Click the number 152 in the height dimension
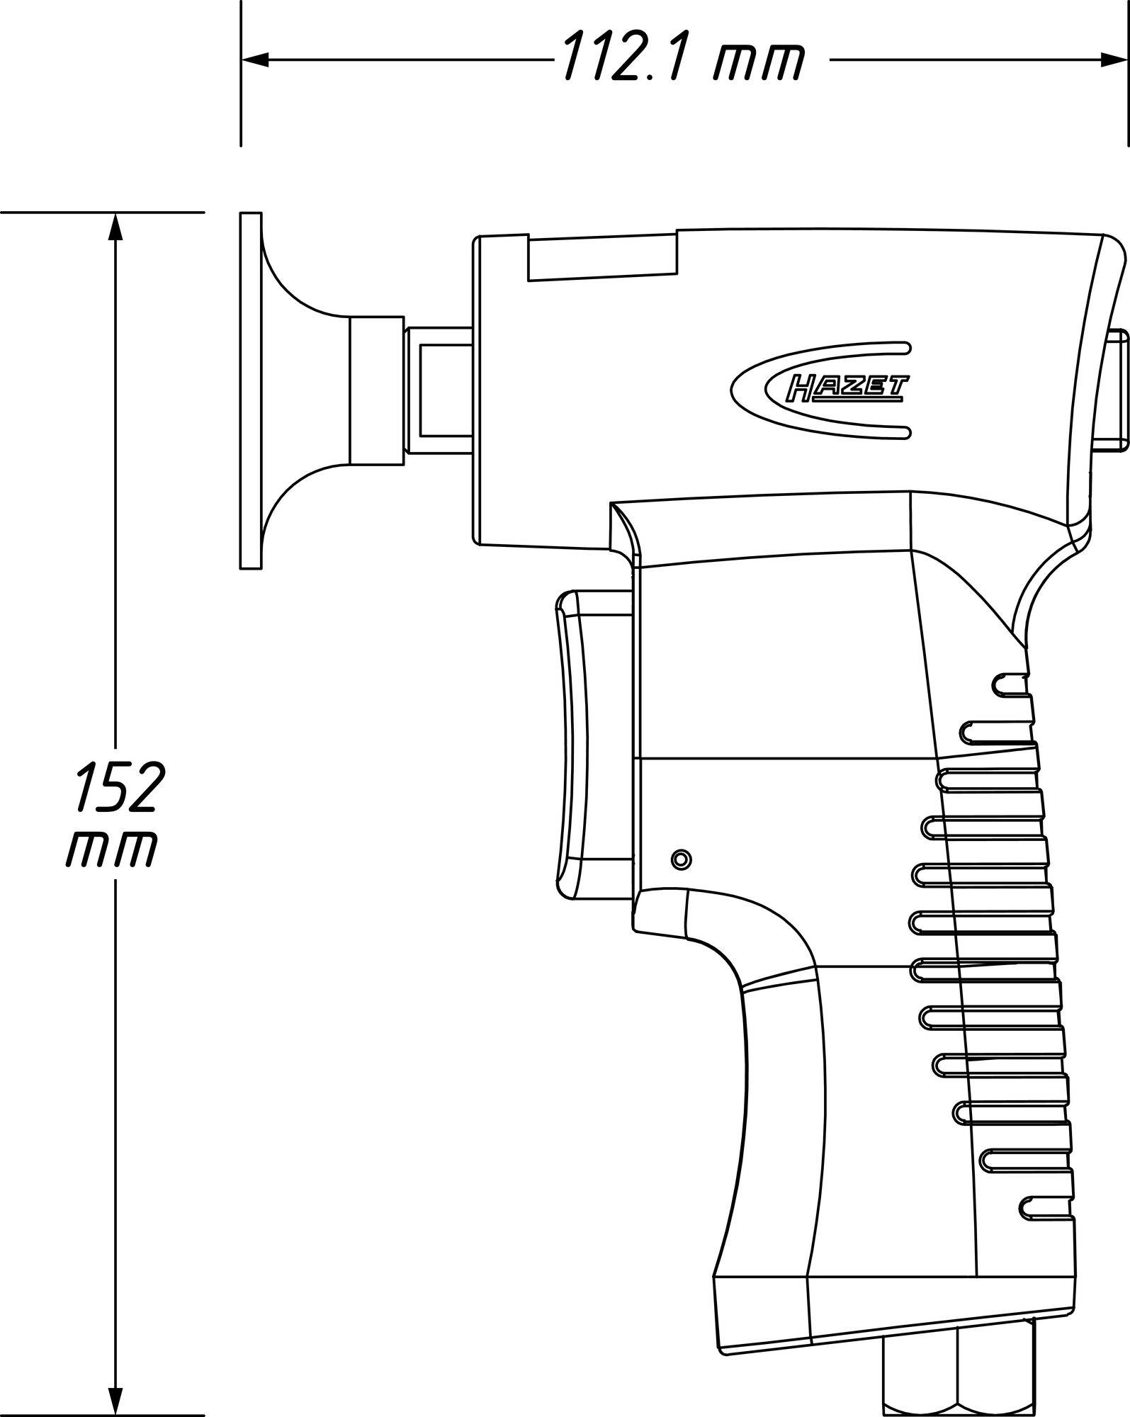click(x=117, y=786)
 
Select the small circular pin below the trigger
click(x=681, y=859)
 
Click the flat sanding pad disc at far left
click(x=250, y=390)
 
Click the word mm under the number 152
click(x=113, y=847)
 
